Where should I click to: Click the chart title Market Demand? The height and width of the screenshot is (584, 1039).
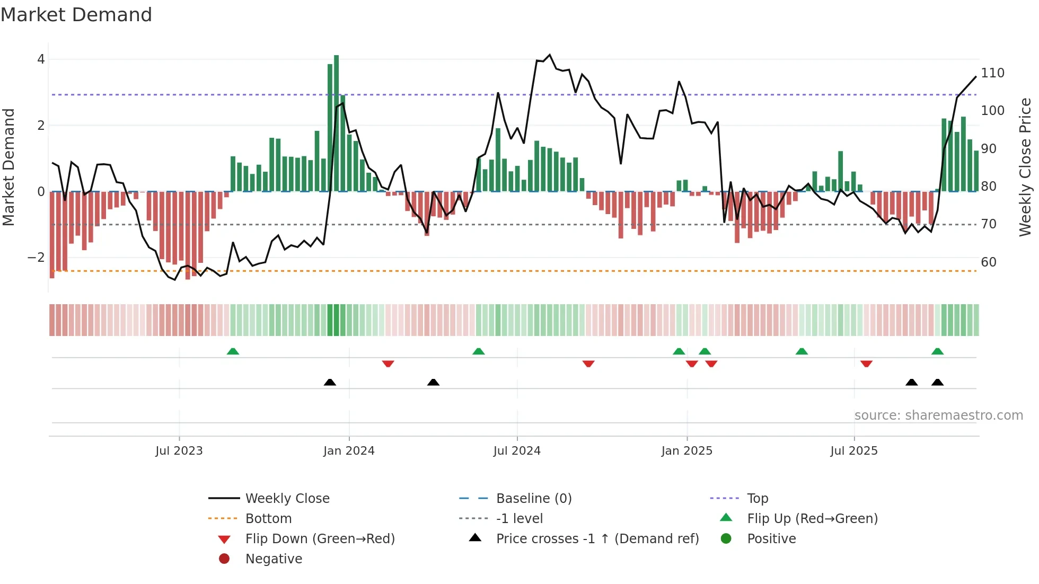click(76, 15)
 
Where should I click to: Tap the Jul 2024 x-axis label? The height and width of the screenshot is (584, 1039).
click(517, 451)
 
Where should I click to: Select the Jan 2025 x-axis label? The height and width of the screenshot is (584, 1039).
click(686, 451)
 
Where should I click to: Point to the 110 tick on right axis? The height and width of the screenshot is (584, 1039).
click(992, 73)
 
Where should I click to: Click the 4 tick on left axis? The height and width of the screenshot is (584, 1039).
click(41, 59)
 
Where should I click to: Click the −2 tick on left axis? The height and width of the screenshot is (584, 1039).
click(37, 258)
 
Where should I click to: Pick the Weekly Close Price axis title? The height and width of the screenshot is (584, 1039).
click(1025, 167)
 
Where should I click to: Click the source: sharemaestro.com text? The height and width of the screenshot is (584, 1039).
click(938, 415)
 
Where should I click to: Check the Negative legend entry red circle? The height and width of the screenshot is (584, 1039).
click(224, 559)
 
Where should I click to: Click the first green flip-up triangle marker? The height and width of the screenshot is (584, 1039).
click(233, 351)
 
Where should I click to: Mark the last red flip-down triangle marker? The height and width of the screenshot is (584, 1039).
click(866, 364)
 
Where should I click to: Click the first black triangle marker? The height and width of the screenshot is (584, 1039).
click(330, 382)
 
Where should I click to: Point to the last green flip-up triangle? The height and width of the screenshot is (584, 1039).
click(937, 351)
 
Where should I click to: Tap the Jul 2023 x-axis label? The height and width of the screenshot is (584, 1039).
click(179, 451)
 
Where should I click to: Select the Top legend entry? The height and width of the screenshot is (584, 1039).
click(757, 499)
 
